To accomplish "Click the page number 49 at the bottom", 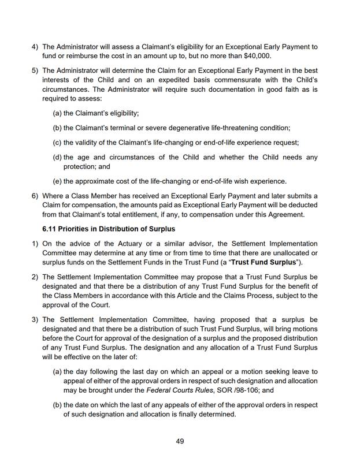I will [180, 441].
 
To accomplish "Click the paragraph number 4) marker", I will [35, 46].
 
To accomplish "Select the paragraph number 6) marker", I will [35, 195].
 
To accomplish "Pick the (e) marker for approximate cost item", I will [57, 181].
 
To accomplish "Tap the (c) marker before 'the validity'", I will [57, 143].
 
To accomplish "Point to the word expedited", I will [145, 79].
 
